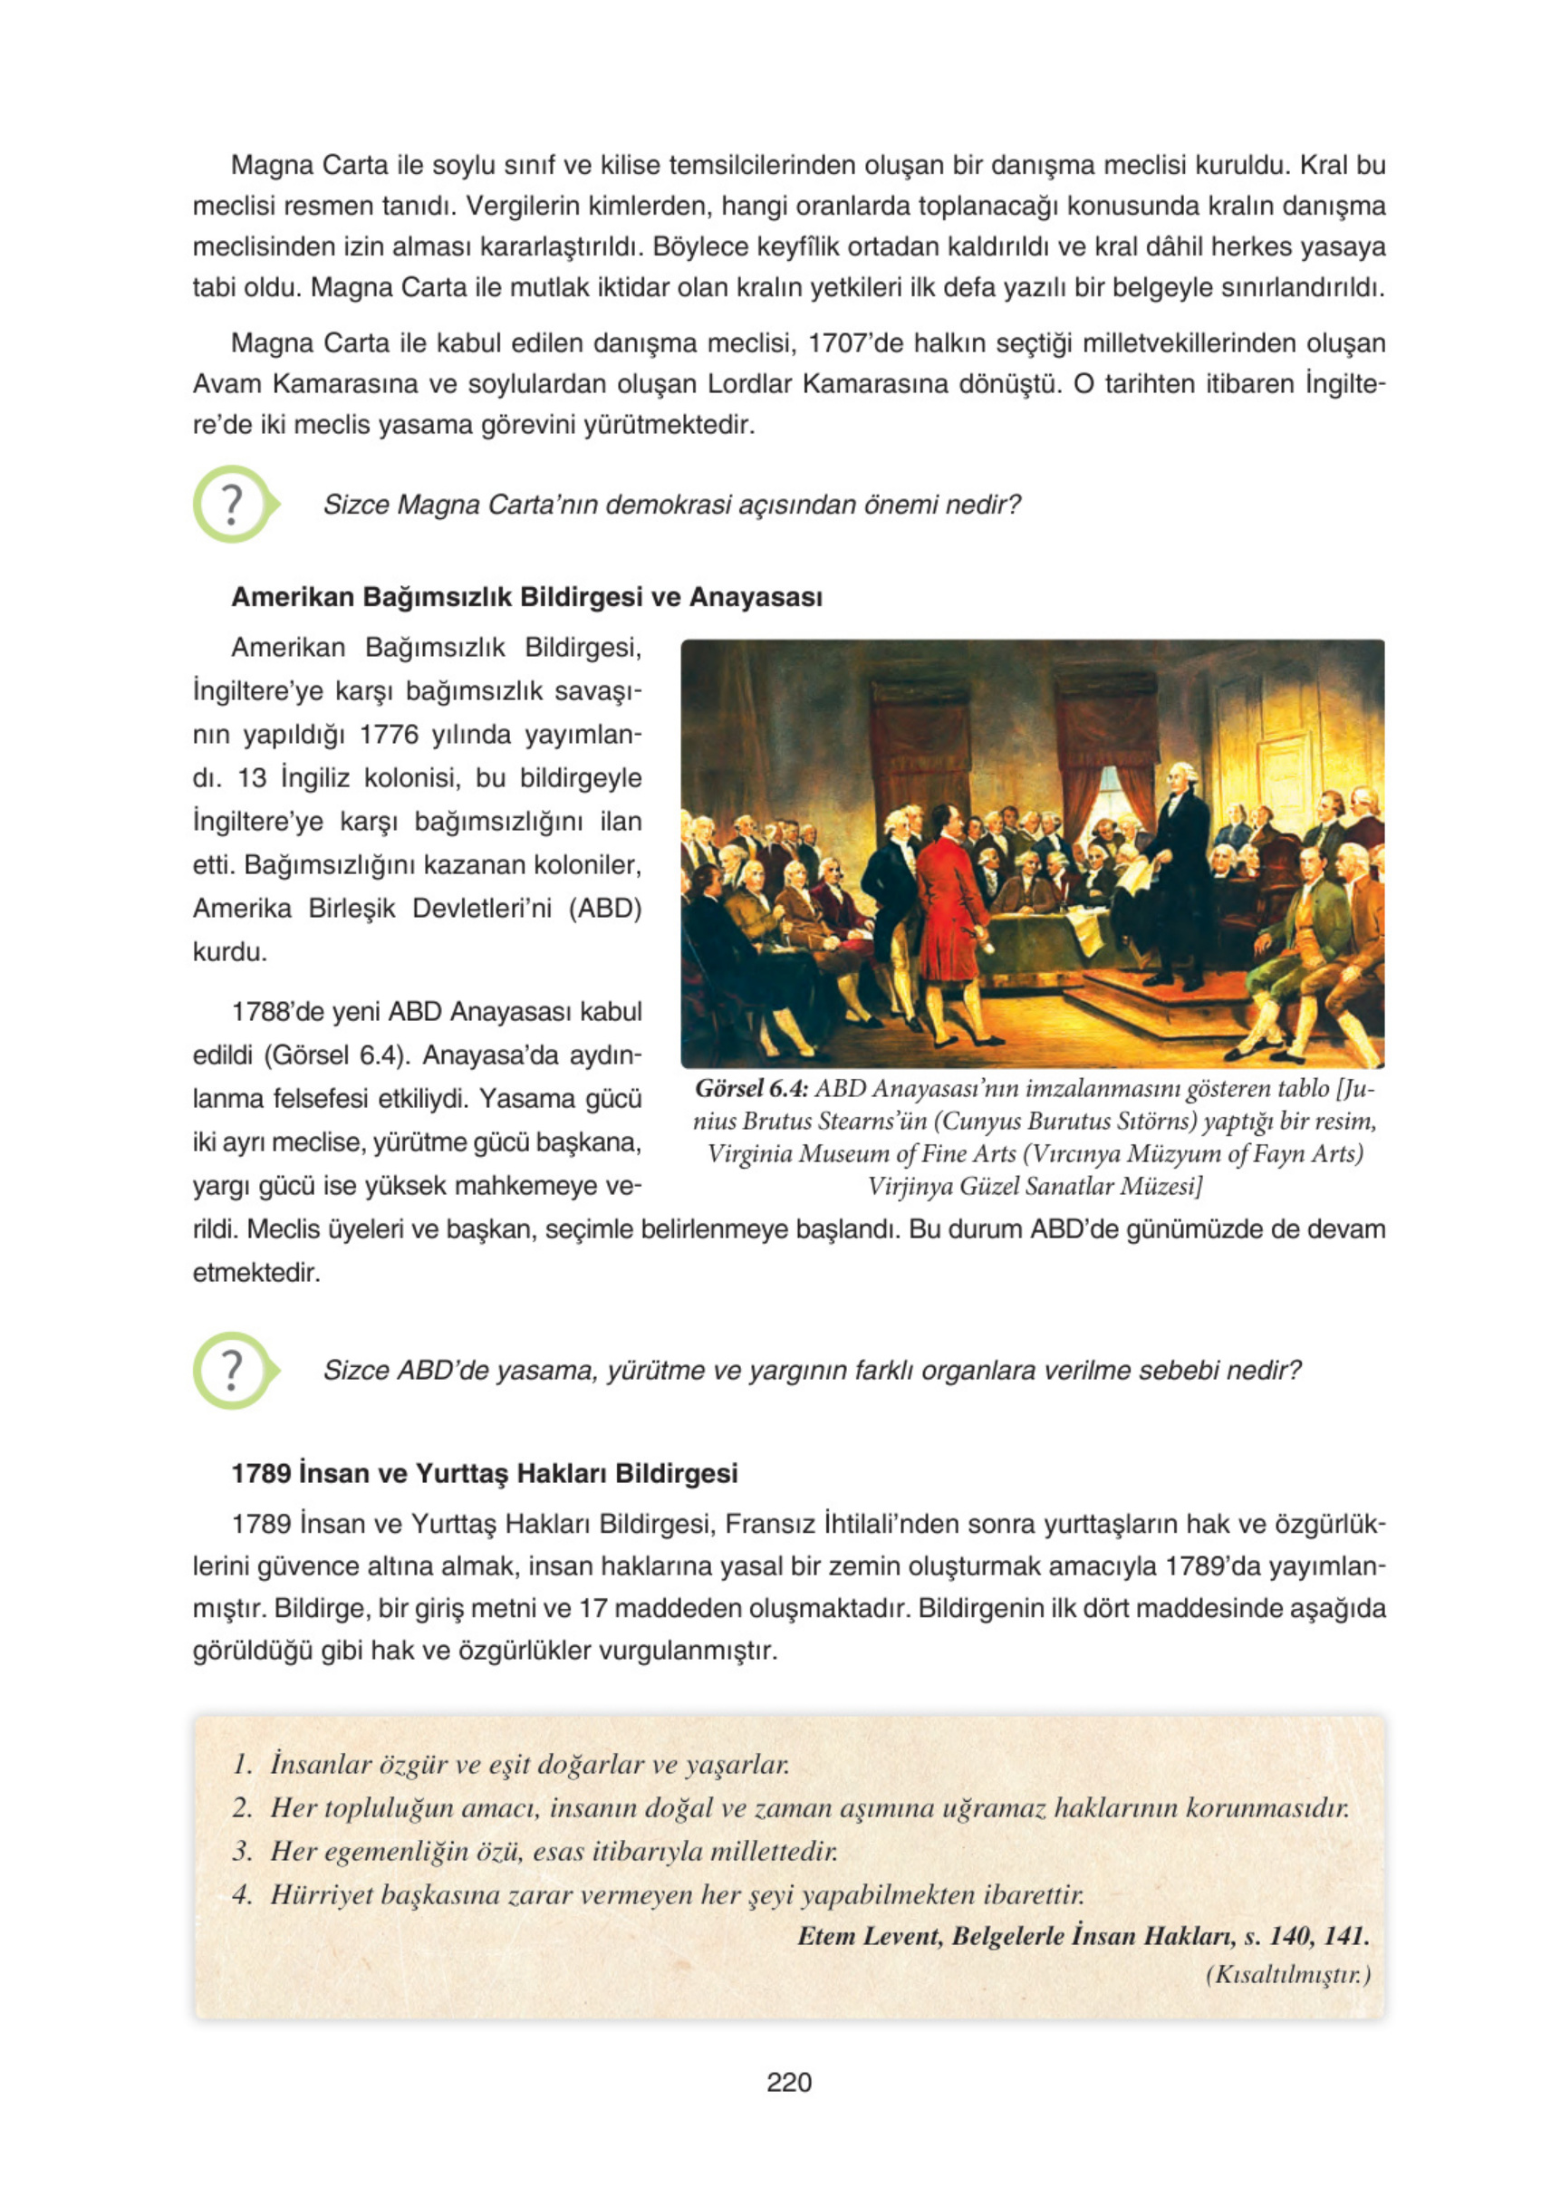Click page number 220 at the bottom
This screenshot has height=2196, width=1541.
coord(788,2081)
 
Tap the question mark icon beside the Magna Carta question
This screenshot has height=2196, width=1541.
coord(233,504)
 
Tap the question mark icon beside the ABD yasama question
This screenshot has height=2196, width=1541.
coord(233,1370)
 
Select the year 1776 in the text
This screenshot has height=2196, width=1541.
coord(390,735)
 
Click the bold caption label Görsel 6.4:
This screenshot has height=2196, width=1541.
coord(752,1088)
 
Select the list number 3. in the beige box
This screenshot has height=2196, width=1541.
coord(242,1851)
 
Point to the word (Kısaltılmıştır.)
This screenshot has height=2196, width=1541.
coord(1287,1974)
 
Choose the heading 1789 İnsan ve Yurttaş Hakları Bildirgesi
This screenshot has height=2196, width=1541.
coord(484,1473)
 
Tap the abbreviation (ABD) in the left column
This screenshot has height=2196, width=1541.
coord(604,908)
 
